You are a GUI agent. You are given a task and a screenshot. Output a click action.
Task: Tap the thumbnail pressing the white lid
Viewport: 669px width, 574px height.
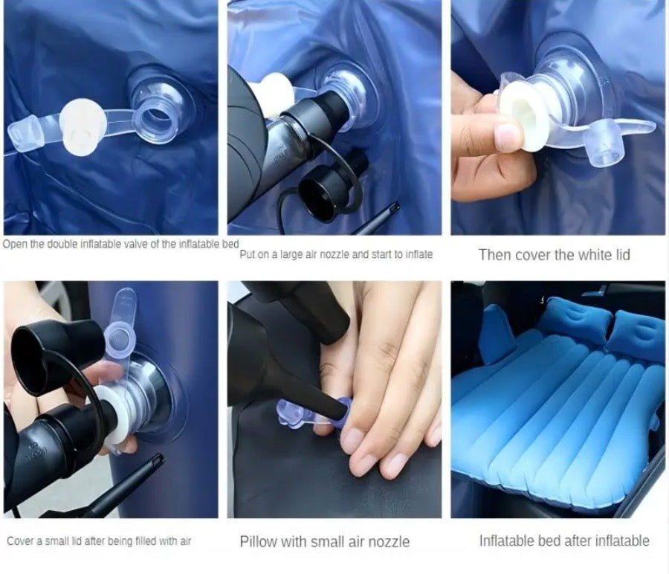pyautogui.click(x=508, y=138)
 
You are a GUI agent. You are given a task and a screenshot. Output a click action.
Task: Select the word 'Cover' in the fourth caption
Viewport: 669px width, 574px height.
pyautogui.click(x=20, y=541)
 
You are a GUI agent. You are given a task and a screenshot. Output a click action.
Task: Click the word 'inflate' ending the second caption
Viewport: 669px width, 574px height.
pyautogui.click(x=419, y=254)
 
